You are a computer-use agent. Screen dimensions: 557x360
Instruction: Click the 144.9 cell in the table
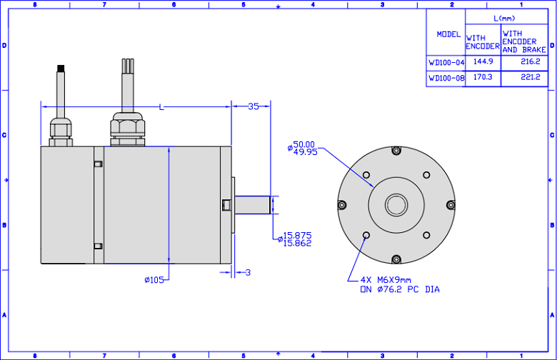483,61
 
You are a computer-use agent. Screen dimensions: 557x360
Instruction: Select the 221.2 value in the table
531,76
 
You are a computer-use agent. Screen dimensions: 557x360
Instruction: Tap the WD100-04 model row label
446,63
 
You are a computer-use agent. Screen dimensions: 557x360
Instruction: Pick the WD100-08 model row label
446,78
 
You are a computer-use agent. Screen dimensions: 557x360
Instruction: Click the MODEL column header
448,34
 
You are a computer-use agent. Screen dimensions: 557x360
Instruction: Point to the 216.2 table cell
531,61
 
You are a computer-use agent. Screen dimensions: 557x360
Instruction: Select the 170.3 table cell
483,76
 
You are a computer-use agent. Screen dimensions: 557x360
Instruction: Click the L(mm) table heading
504,18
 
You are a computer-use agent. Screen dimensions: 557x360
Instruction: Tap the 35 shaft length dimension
254,106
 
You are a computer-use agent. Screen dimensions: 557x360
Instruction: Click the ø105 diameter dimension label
154,280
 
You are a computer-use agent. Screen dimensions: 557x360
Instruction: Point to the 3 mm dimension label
248,273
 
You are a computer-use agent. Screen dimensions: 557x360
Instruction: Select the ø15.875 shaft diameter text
294,235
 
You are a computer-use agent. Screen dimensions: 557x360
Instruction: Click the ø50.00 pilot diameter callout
301,144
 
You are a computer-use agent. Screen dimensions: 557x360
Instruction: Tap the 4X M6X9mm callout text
386,280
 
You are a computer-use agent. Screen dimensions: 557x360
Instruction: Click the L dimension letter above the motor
161,107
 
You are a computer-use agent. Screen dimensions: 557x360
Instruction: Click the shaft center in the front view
396,205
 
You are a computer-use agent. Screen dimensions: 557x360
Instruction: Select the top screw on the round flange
396,151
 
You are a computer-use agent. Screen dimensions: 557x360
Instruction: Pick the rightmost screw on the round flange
451,205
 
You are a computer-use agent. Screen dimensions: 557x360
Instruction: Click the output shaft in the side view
252,205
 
